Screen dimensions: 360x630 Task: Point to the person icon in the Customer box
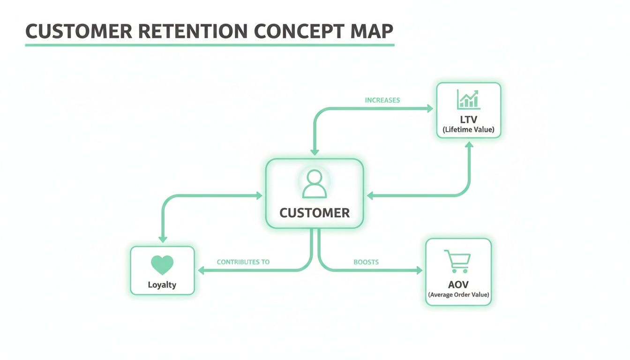314,184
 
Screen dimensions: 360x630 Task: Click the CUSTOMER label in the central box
315,213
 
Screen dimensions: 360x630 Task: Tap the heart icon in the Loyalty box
162,265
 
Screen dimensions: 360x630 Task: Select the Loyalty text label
162,285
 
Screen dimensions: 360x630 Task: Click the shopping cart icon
457,261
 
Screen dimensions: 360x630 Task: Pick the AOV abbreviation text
458,285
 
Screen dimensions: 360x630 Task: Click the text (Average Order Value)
458,295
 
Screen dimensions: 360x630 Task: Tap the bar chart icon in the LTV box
468,100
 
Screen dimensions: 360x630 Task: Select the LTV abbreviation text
468,120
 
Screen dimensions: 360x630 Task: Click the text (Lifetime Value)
468,130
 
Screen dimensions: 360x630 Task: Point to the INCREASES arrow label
382,100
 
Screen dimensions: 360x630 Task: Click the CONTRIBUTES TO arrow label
243,262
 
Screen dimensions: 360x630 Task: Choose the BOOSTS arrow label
366,262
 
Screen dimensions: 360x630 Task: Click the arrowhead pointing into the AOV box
419,270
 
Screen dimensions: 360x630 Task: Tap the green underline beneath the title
210,45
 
